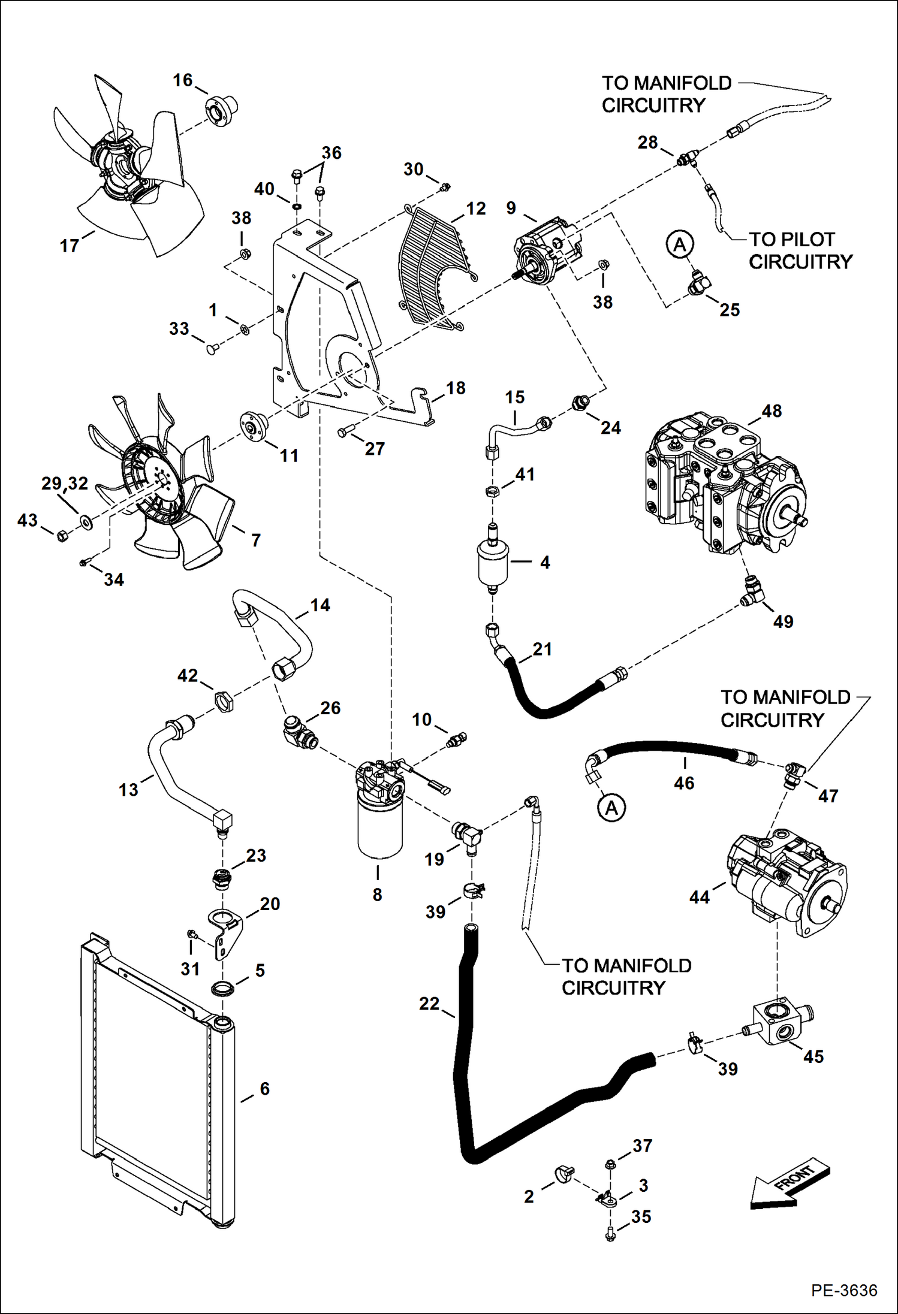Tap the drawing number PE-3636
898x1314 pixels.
tap(843, 1290)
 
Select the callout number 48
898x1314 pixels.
tap(772, 411)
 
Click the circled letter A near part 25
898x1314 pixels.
tap(679, 244)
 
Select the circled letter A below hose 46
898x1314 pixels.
tap(611, 808)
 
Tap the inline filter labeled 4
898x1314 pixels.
tap(493, 562)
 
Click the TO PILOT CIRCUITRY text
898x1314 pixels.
tap(800, 250)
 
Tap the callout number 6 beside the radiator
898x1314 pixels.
tap(264, 1089)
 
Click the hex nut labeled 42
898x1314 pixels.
tap(222, 700)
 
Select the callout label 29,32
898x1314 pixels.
tap(65, 483)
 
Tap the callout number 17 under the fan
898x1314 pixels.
tap(69, 246)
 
